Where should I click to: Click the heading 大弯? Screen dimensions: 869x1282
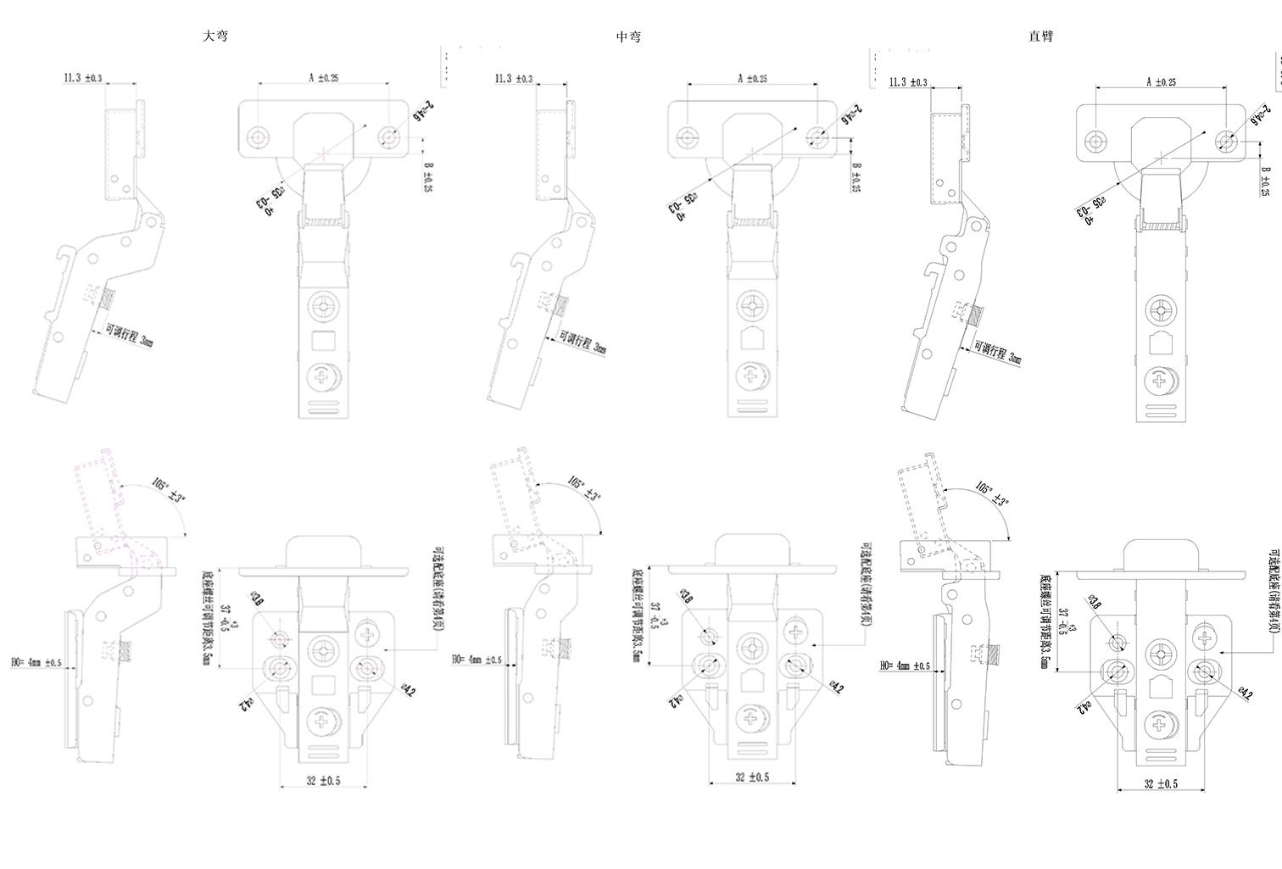215,36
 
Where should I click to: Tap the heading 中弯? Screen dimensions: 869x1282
628,36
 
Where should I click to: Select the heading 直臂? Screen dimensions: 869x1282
1040,36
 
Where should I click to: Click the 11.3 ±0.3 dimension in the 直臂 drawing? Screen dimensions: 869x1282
908,82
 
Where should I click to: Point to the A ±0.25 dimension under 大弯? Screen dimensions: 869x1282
324,77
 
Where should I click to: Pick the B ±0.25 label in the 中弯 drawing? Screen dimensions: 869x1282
856,177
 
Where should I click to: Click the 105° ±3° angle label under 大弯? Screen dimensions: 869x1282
169,490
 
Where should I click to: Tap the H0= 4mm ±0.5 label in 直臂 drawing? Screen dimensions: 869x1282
905,666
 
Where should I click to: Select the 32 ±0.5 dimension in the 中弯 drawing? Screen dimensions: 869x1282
752,777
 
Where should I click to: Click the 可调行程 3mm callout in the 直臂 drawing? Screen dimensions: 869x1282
998,352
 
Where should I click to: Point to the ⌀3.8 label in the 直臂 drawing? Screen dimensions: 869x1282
1095,604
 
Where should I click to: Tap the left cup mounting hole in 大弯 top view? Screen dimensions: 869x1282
258,136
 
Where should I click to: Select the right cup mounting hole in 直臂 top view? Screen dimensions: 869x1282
1224,141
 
